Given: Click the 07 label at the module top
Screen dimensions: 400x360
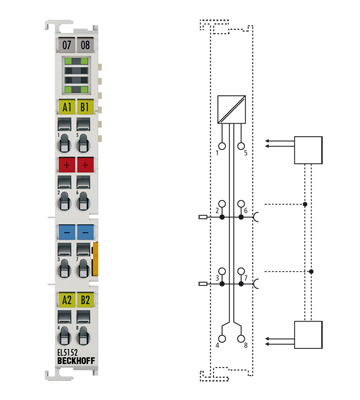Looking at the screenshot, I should pos(67,46).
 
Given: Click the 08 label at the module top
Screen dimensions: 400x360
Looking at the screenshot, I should pos(85,46).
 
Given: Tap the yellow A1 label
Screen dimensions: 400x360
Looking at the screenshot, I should pos(67,107).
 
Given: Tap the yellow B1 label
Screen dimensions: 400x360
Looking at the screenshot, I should pos(85,107).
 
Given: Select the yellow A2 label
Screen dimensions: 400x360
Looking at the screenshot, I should pos(67,299).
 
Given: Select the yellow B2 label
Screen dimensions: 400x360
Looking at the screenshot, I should pos(85,299).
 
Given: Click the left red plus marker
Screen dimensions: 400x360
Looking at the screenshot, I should pos(67,163).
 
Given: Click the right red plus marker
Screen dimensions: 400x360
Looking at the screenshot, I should pos(85,163).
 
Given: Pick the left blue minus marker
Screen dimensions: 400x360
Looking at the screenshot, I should pos(67,231).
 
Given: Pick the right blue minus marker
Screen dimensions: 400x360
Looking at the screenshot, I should pos(85,231).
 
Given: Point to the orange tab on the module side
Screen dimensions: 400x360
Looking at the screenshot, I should pos(96,257).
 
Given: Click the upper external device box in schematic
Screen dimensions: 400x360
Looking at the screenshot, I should pos(309,151).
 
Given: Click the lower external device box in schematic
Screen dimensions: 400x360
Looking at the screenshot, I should pos(309,333).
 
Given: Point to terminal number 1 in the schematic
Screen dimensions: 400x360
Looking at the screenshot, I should pos(217,153).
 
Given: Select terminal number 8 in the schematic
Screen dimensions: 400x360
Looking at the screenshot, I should pos(244,344).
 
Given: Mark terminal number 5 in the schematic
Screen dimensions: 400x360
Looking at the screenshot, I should pos(245,153).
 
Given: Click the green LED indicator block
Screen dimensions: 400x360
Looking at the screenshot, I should pos(76,75).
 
